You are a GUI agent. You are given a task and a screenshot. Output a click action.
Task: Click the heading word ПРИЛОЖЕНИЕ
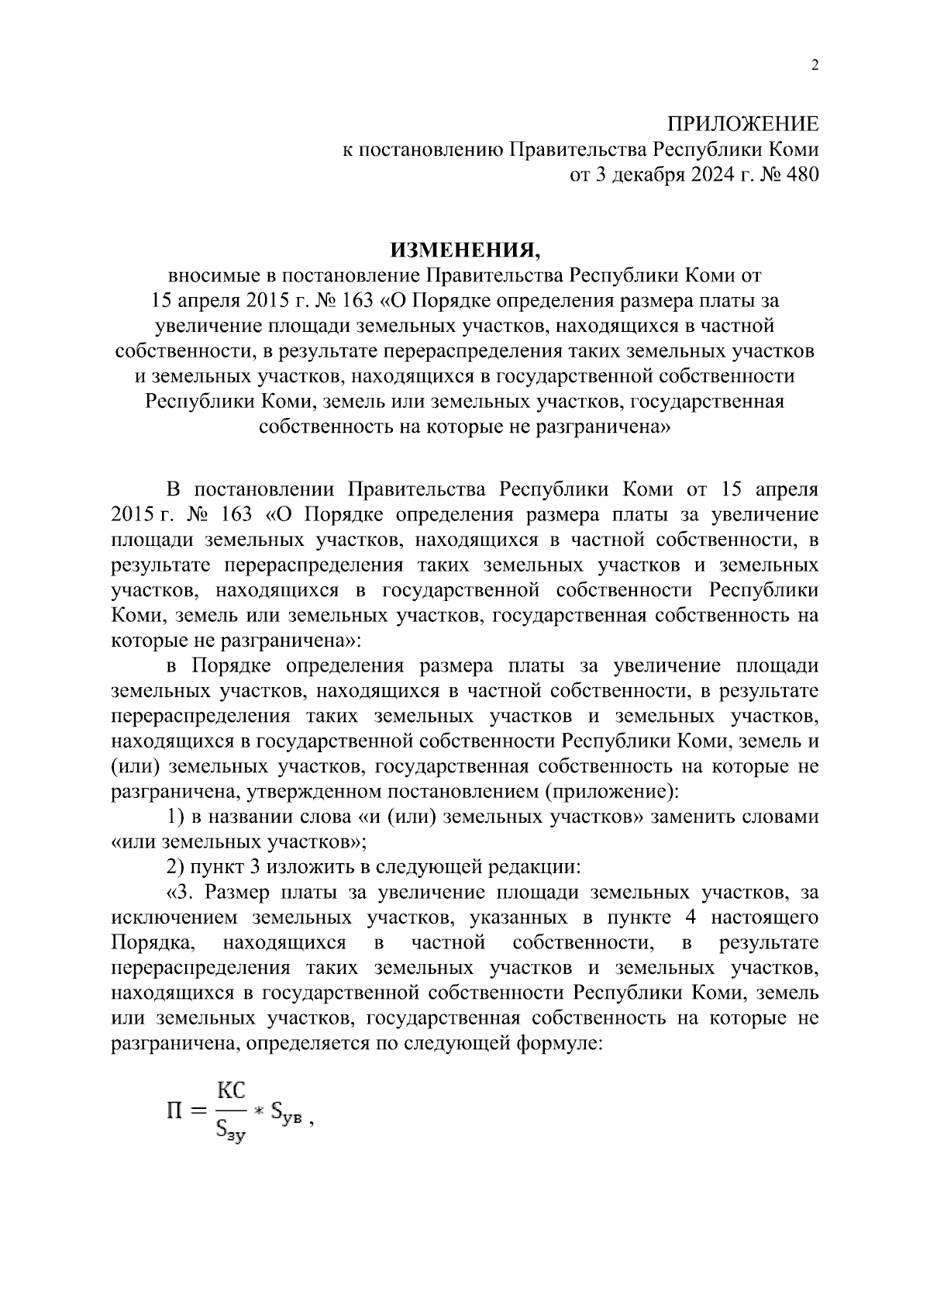tap(743, 125)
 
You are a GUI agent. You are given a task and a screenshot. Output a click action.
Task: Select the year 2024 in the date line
tap(683, 174)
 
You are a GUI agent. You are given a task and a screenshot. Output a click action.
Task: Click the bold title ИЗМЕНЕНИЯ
tap(464, 250)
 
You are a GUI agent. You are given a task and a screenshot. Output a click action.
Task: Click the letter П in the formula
tap(175, 1111)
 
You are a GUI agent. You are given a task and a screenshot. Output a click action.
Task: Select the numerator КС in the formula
tap(230, 1091)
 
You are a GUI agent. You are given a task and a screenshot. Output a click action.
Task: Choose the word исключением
tap(175, 917)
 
